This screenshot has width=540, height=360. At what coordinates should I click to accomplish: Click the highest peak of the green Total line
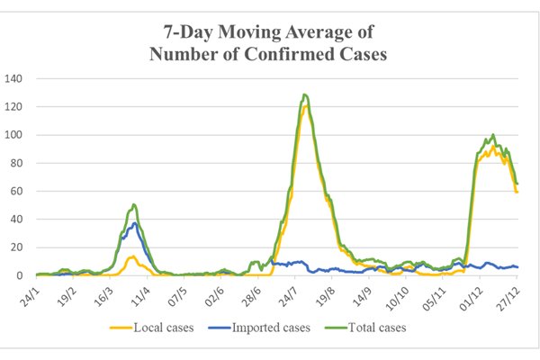tap(305, 94)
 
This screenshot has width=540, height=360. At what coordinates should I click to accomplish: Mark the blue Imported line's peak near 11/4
tap(135, 223)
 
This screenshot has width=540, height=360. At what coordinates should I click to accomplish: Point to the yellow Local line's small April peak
tap(132, 256)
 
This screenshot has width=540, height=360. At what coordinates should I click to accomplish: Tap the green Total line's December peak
tap(493, 135)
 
